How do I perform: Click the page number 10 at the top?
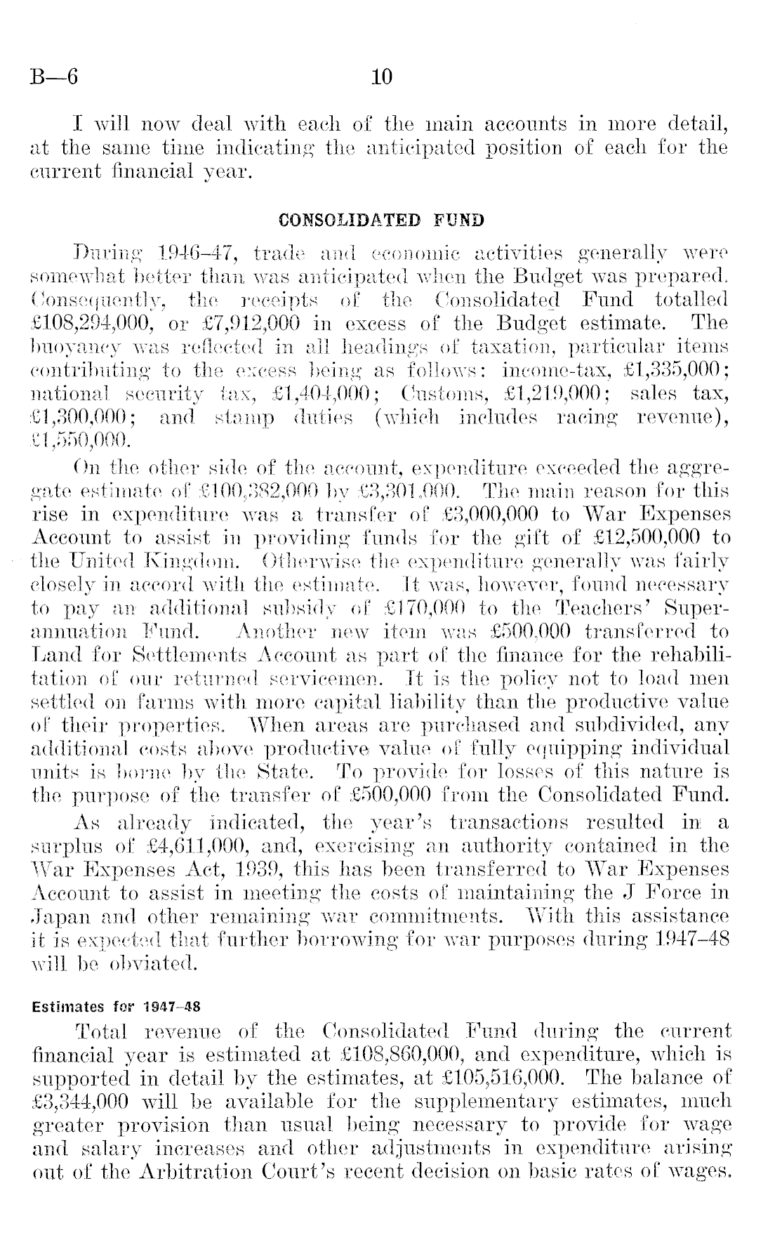pyautogui.click(x=383, y=76)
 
